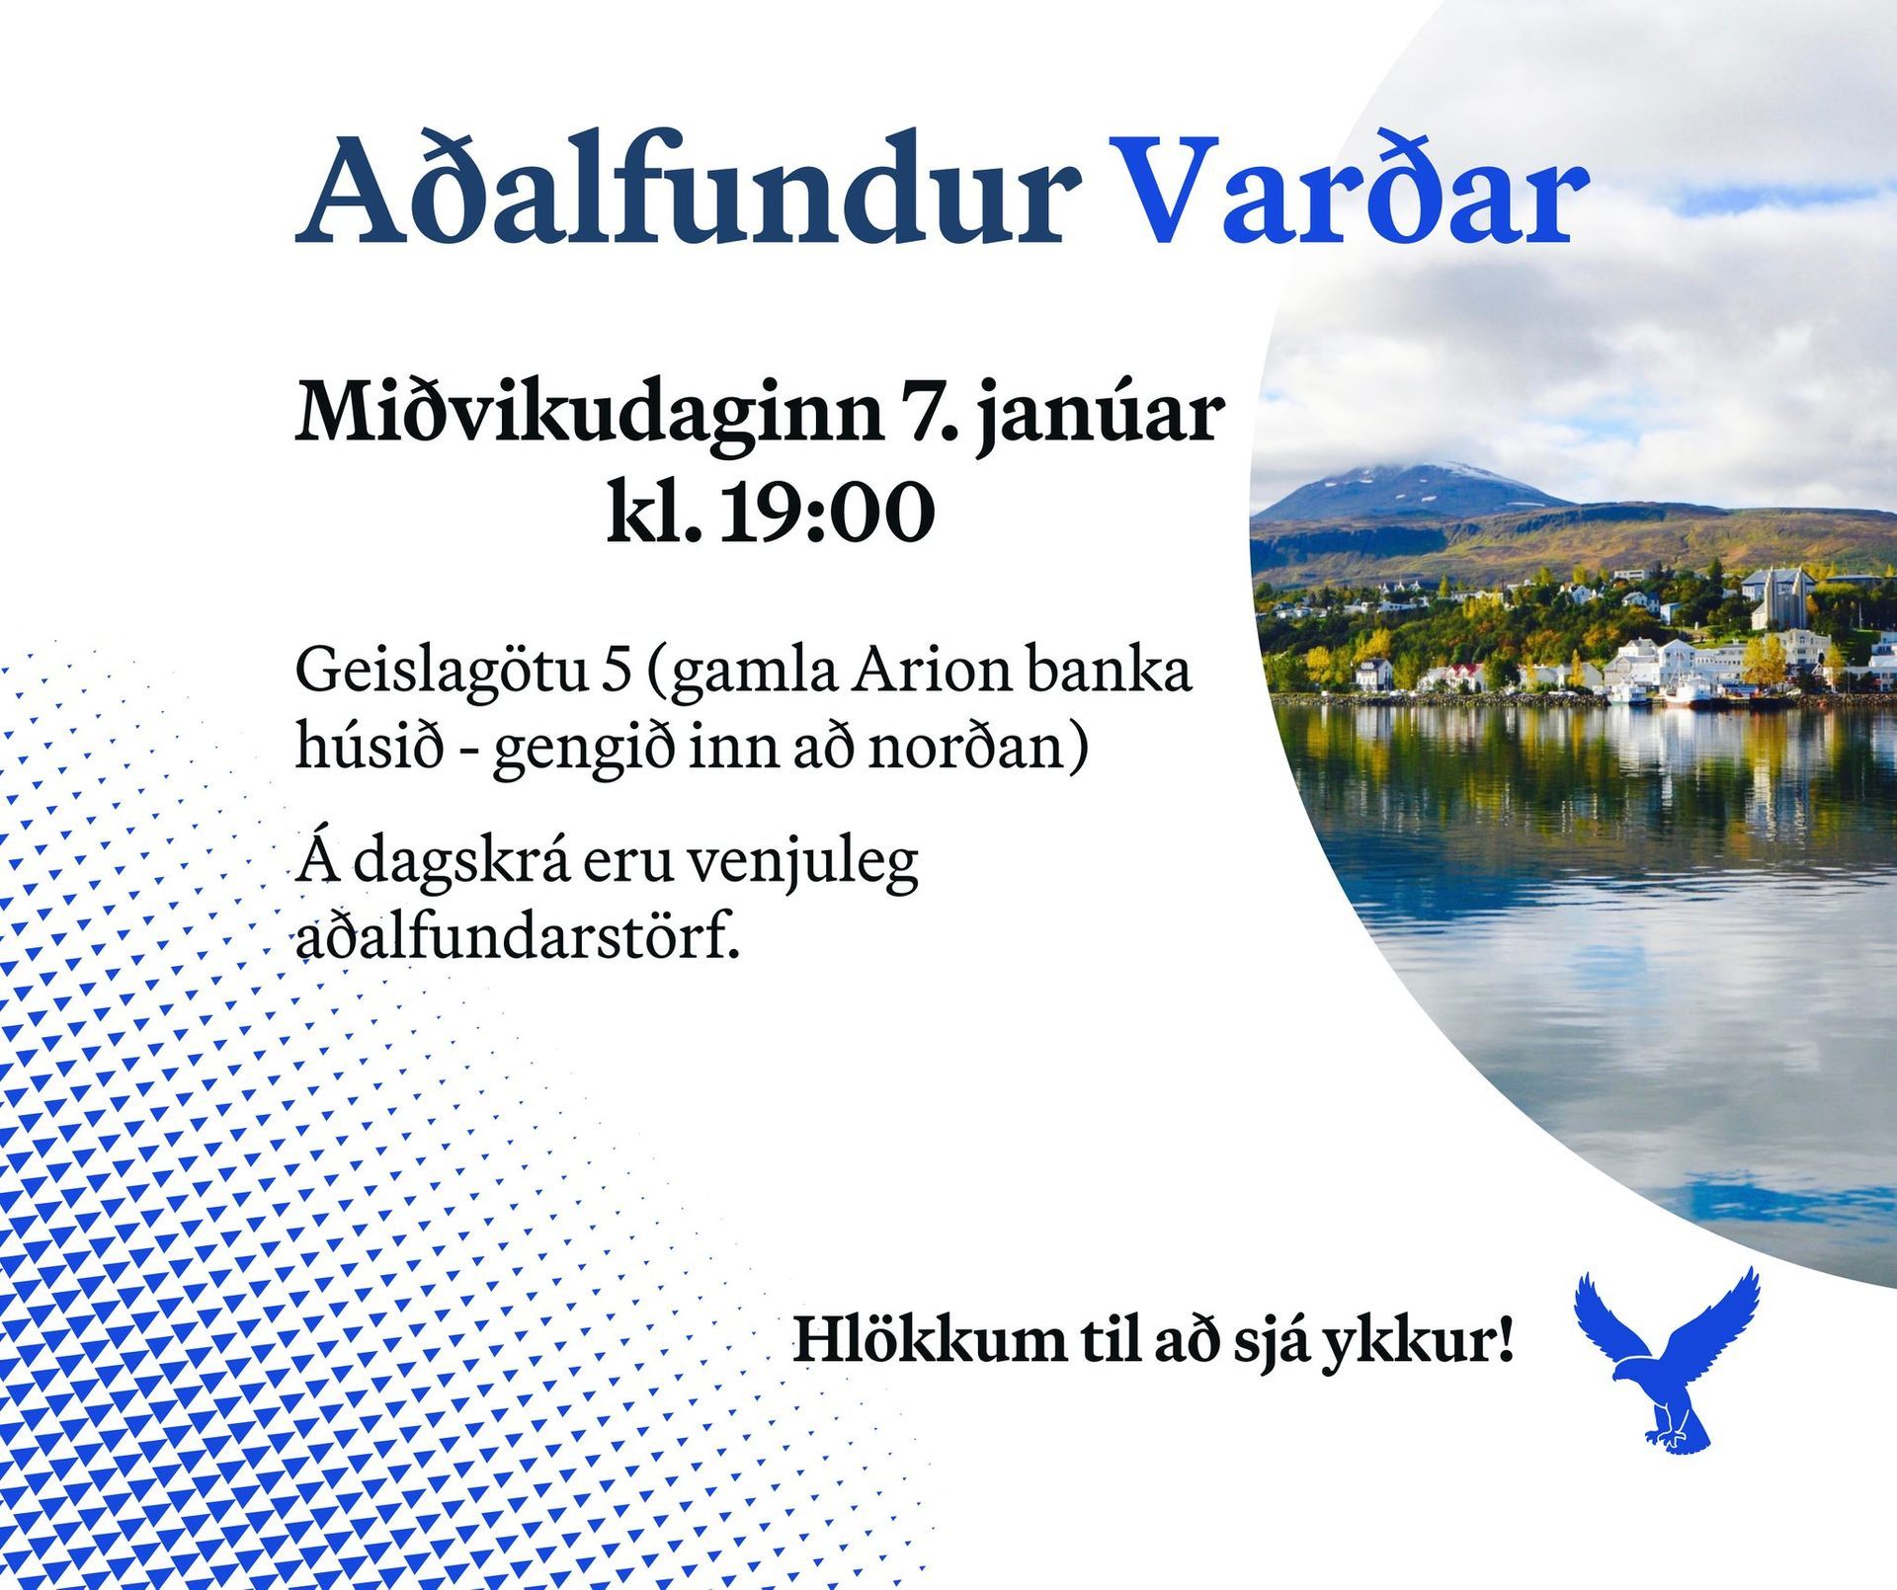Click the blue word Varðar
1349,190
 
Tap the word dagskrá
459,861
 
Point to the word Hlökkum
929,1340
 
